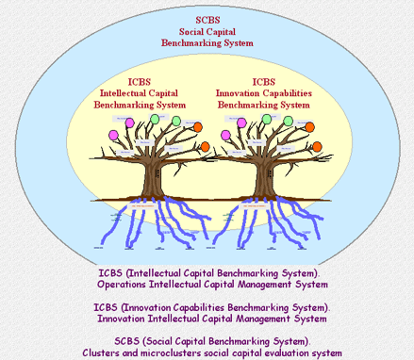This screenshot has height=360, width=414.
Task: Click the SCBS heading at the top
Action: tap(206, 19)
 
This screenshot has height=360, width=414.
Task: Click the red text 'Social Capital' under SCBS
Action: tap(206, 31)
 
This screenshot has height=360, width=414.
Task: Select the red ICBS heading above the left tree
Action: tap(141, 81)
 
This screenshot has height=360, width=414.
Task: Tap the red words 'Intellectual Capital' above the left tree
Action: tap(141, 93)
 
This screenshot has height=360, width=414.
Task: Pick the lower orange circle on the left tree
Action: tap(205, 147)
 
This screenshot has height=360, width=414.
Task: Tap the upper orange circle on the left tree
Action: tap(198, 127)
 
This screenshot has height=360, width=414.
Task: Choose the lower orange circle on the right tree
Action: tap(316, 147)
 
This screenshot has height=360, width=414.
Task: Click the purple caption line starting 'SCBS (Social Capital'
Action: tap(206, 340)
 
